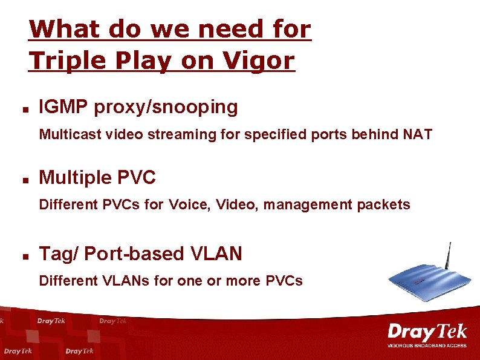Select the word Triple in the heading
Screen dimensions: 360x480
[66, 61]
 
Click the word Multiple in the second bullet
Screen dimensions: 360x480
[75, 178]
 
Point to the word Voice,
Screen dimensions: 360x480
[190, 205]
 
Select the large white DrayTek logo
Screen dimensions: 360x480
[427, 332]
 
